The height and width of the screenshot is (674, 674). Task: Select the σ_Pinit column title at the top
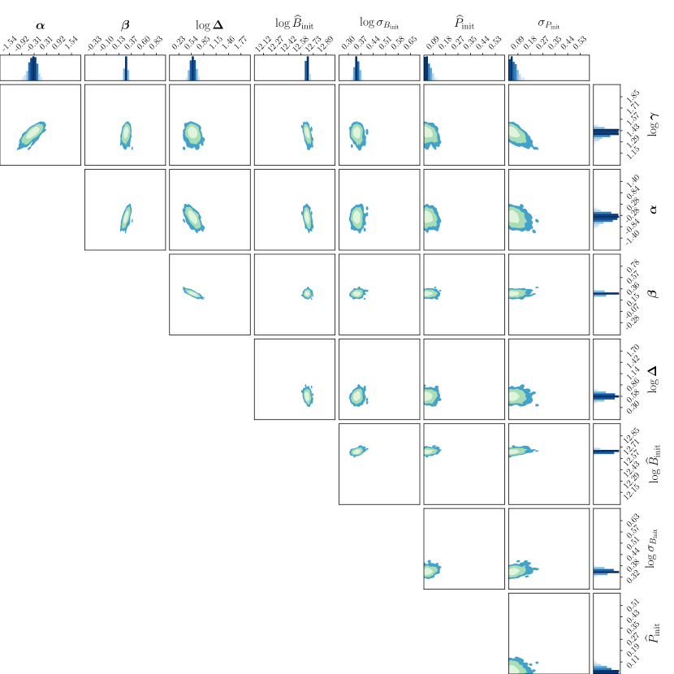coord(548,14)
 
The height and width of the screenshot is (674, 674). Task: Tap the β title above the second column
coord(125,14)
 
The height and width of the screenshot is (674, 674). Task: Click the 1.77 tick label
coord(241,43)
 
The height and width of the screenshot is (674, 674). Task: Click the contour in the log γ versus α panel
coord(32,135)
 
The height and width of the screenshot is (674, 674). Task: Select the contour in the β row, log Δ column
coord(193,292)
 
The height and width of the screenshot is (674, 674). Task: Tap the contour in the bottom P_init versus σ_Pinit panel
coord(521,665)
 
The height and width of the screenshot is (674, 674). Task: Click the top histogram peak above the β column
coord(126,68)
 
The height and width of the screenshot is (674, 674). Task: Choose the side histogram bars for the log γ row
coord(606,132)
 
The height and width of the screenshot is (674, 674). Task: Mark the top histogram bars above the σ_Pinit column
coord(512,71)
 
